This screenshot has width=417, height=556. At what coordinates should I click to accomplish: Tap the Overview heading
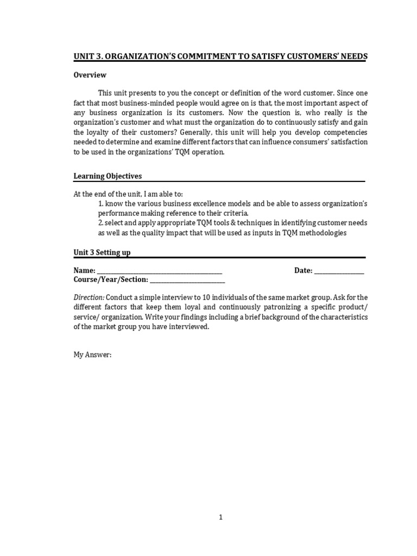click(90, 75)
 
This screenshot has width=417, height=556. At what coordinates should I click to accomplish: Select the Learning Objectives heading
click(108, 176)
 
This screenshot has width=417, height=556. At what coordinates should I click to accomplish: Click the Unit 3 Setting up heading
click(102, 252)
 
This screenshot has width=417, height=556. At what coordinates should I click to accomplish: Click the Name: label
click(85, 270)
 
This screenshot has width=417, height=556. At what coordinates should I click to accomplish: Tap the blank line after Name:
click(160, 271)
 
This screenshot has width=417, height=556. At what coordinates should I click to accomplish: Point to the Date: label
click(303, 270)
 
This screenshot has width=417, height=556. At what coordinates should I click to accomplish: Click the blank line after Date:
click(339, 271)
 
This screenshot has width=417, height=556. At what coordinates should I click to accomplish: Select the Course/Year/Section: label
click(111, 279)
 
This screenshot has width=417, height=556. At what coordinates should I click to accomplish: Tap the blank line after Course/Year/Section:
click(187, 280)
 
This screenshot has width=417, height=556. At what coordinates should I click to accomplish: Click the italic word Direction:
click(89, 298)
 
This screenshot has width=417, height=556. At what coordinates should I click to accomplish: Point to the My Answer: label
click(92, 355)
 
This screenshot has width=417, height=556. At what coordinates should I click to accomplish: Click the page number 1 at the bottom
click(220, 517)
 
